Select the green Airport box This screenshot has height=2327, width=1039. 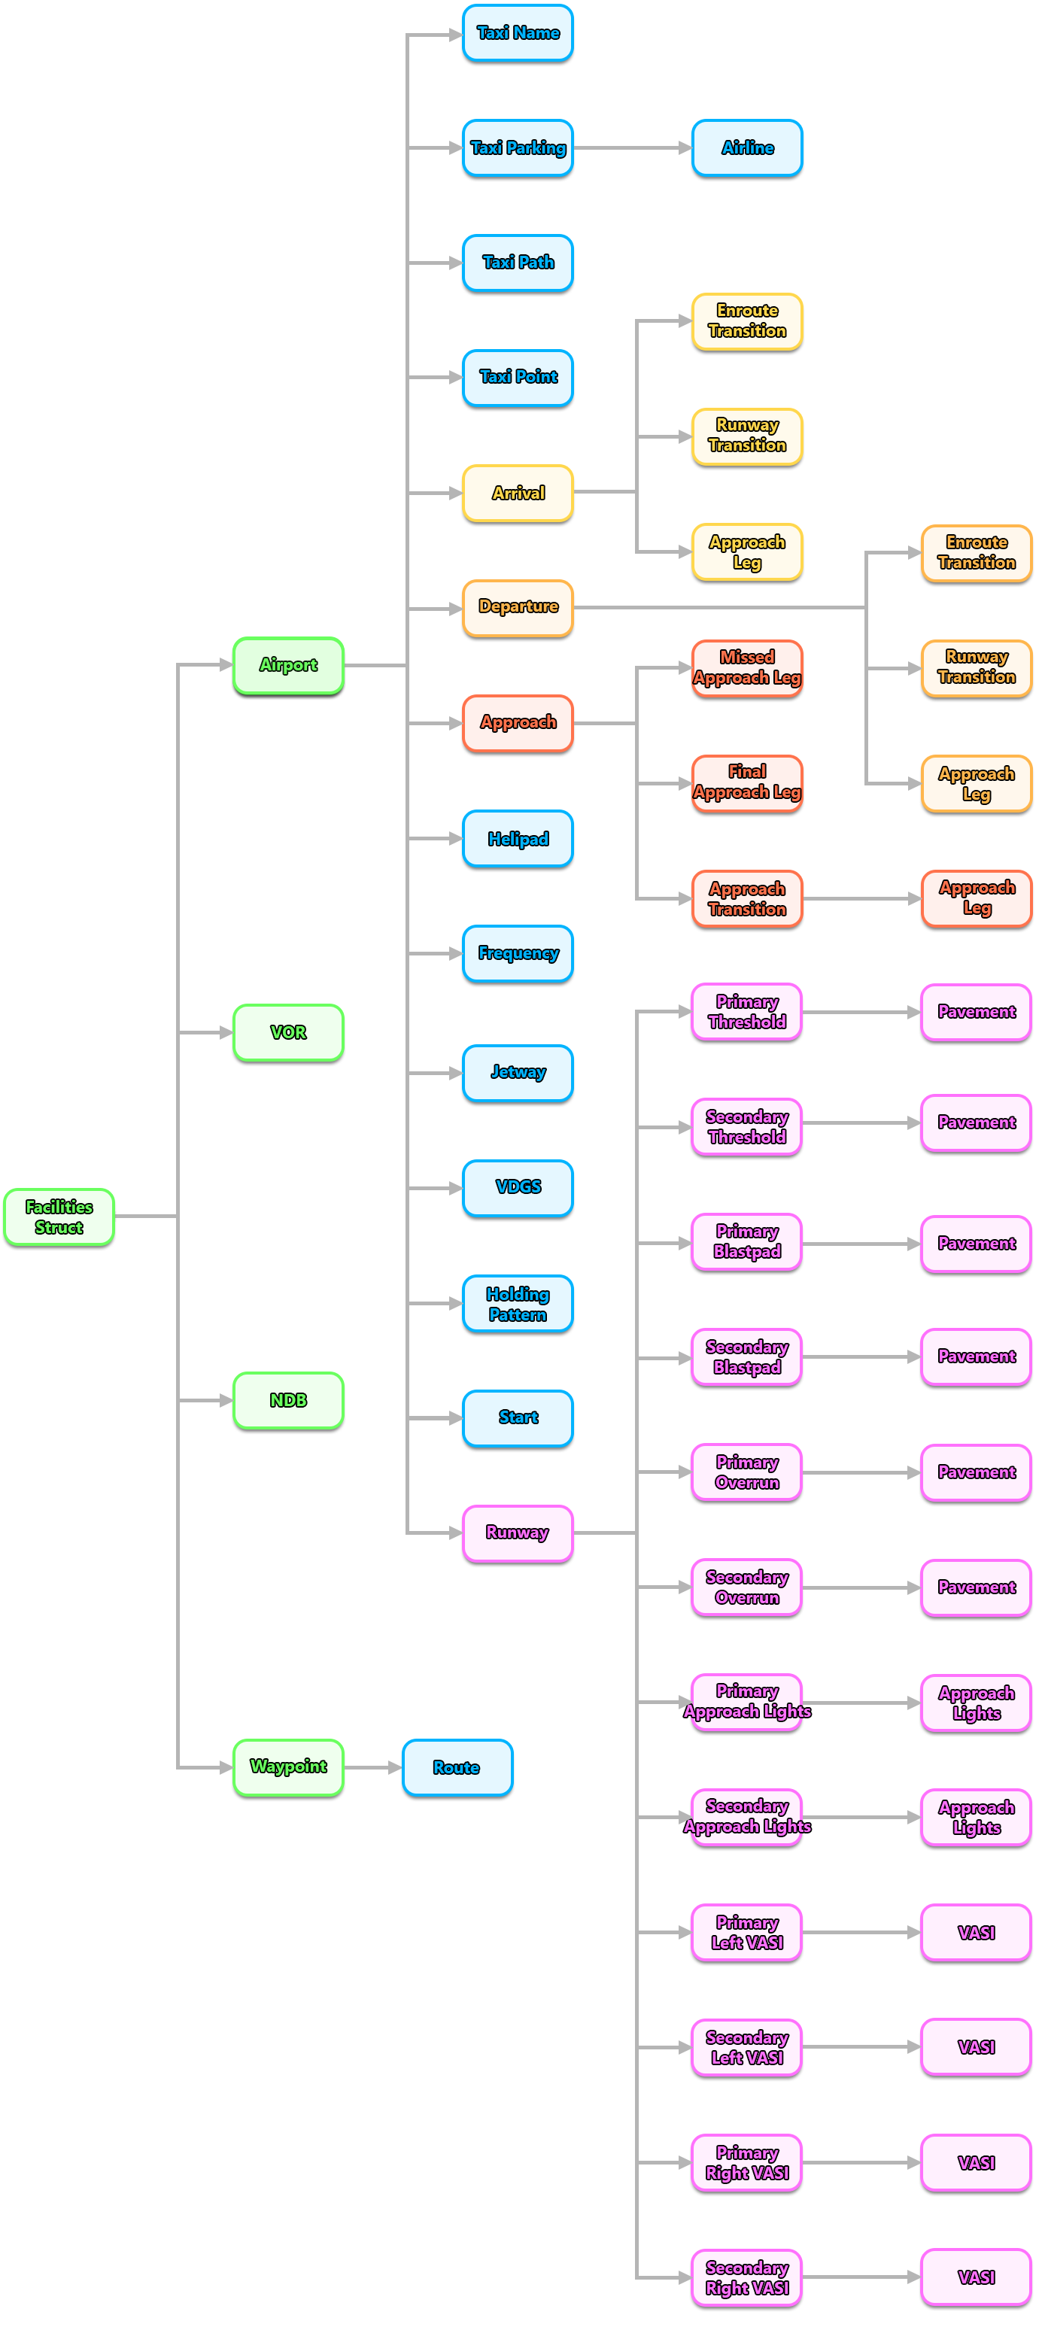click(288, 665)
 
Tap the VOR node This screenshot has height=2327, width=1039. click(288, 1031)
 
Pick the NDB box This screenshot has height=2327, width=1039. click(288, 1399)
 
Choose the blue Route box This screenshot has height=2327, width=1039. click(457, 1767)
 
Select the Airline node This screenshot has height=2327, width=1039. click(747, 147)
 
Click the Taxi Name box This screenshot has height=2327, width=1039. click(518, 32)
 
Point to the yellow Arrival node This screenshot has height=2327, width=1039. click(518, 492)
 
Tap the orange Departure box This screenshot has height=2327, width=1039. click(518, 607)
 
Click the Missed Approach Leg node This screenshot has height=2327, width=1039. click(747, 667)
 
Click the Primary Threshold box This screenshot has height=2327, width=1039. click(747, 1012)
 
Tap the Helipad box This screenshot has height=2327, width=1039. click(518, 838)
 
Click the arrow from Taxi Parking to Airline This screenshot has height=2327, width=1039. click(633, 147)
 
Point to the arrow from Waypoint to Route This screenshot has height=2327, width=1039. click(372, 1767)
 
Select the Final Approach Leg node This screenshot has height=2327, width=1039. click(747, 782)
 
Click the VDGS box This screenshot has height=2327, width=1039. click(518, 1187)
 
